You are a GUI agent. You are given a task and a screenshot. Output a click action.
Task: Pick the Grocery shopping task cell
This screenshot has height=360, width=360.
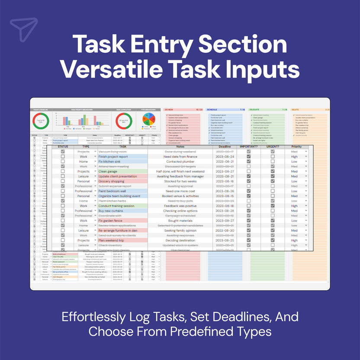point(111,181)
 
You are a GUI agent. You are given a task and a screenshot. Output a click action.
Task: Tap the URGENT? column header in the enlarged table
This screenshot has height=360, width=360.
point(273,147)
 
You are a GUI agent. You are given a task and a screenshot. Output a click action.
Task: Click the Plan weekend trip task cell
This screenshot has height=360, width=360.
point(111,240)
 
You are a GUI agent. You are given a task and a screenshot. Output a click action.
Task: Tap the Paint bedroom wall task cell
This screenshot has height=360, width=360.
point(112,191)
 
